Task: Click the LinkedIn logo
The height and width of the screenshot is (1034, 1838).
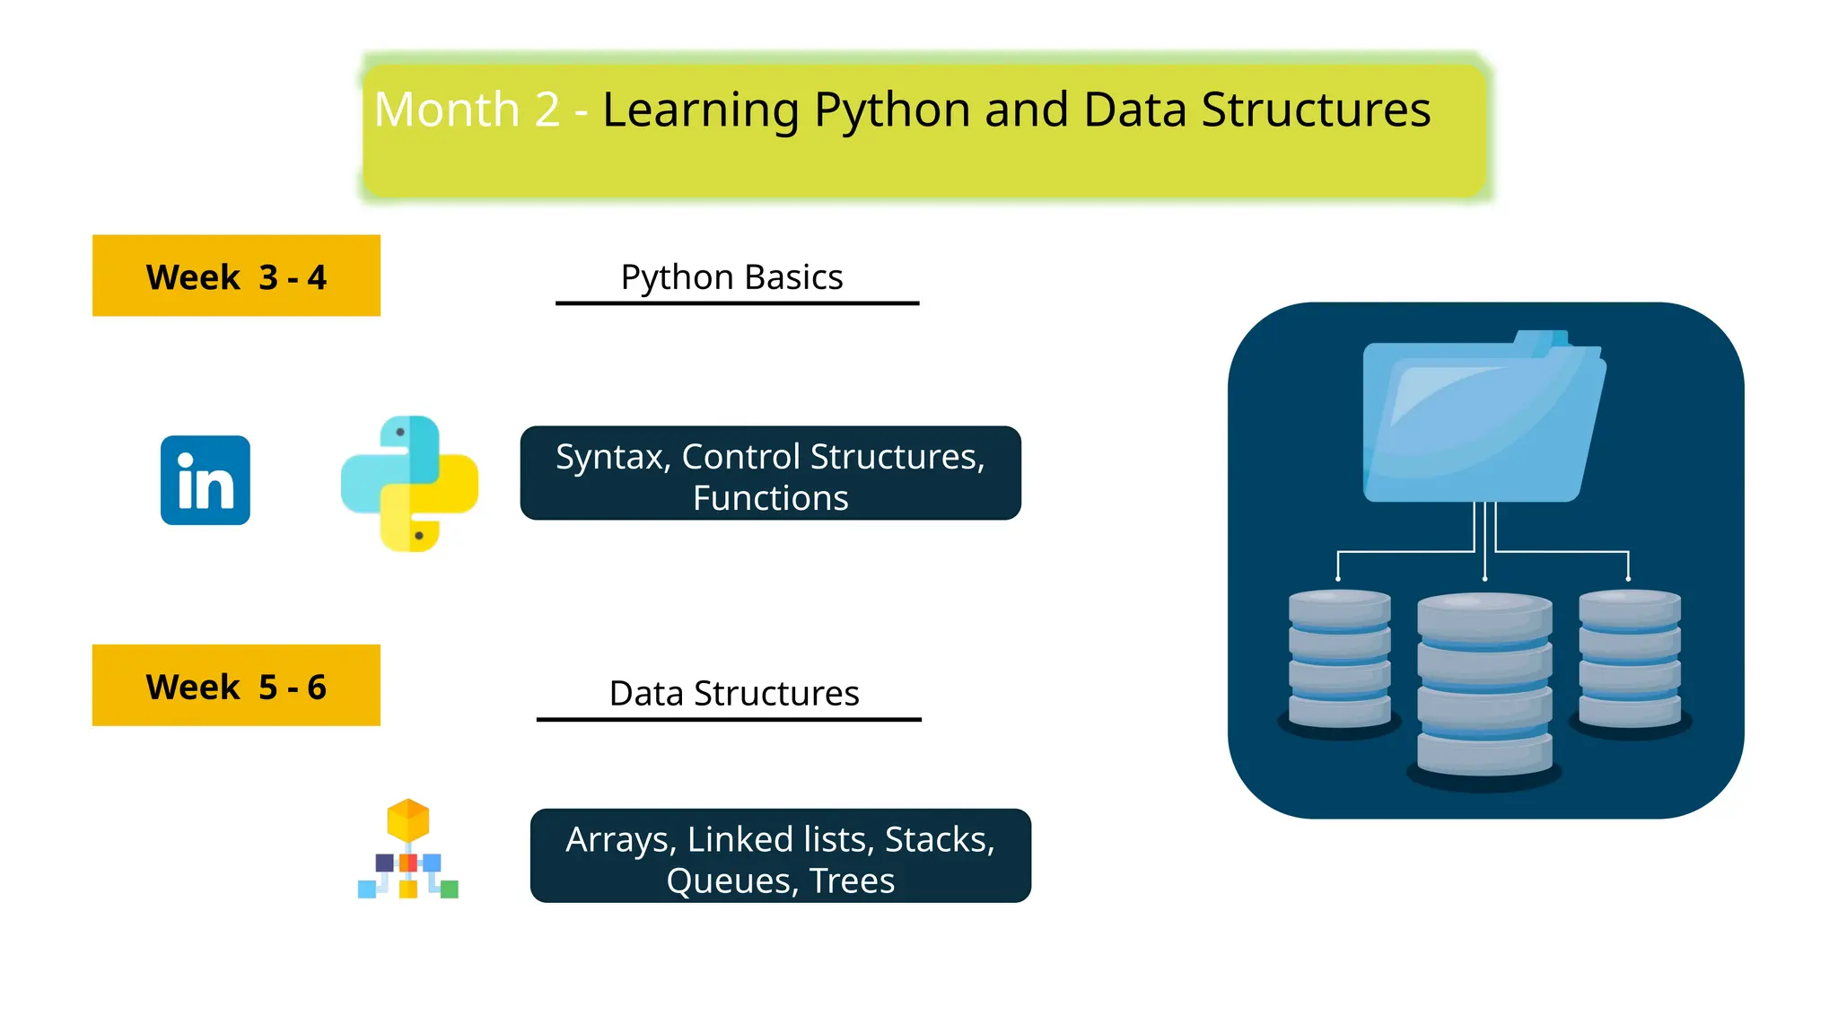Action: [x=205, y=480]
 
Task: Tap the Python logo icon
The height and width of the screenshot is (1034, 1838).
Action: [x=409, y=484]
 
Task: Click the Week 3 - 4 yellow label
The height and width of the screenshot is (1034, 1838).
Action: [x=236, y=276]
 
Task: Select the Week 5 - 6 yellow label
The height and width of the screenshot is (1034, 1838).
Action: [x=236, y=686]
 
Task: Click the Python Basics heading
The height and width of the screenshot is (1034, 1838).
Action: [x=731, y=277]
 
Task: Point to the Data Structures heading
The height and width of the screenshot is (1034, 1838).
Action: [x=733, y=694]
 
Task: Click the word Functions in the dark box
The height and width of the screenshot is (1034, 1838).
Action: [x=770, y=498]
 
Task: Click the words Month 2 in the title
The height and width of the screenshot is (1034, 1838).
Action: [x=467, y=110]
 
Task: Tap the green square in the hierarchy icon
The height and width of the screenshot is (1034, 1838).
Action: [x=450, y=889]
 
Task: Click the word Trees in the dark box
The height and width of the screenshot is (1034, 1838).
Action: [x=852, y=881]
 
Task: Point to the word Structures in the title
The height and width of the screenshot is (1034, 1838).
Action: [x=1315, y=110]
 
